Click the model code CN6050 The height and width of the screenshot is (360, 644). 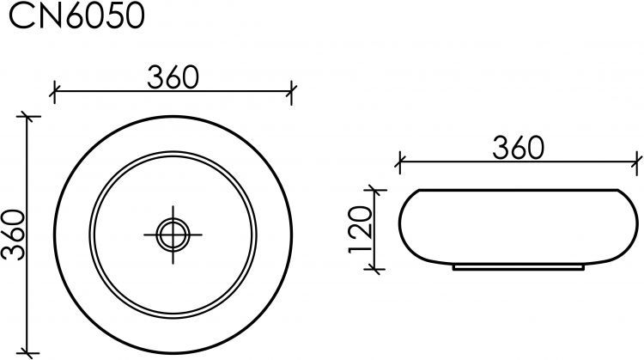(76, 17)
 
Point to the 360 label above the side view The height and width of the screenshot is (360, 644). (519, 148)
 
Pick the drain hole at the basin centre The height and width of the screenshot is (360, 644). (173, 232)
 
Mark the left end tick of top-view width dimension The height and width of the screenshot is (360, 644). (54, 88)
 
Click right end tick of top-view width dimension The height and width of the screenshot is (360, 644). (292, 88)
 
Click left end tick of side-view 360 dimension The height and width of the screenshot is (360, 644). (399, 159)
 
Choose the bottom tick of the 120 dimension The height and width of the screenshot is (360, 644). (374, 268)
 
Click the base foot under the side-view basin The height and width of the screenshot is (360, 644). (519, 267)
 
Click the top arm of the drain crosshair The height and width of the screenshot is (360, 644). (173, 212)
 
